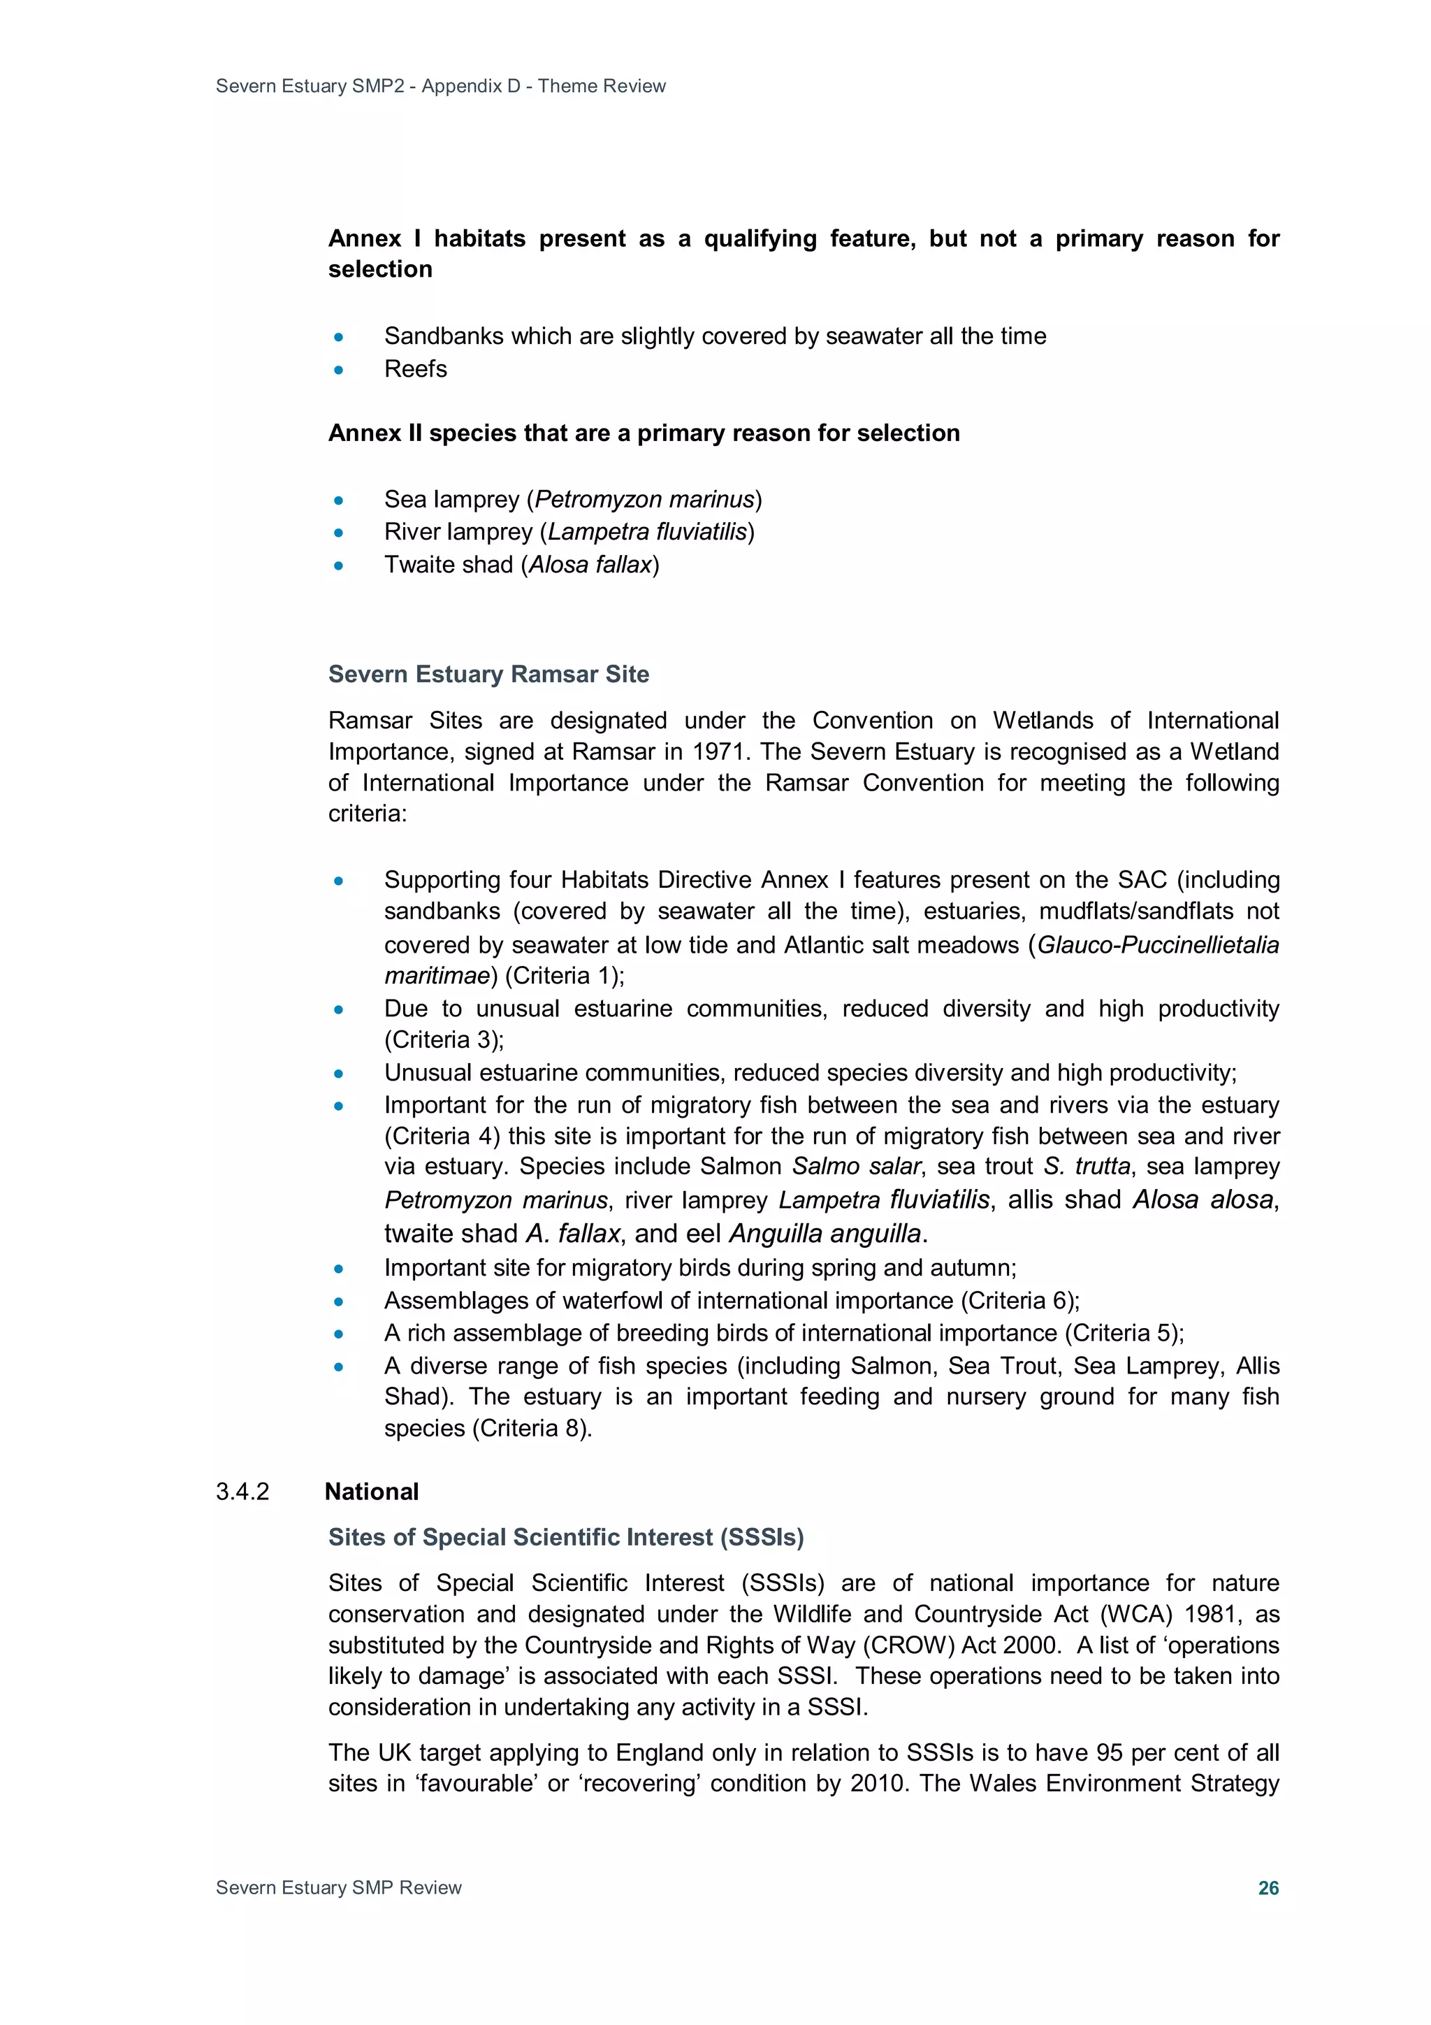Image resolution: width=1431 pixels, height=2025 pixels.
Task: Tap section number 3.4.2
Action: (x=242, y=1492)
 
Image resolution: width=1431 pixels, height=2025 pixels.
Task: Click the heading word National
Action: (x=371, y=1492)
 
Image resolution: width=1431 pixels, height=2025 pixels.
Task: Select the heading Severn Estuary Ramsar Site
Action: (x=488, y=674)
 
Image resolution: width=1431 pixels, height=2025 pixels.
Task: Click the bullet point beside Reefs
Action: (x=339, y=370)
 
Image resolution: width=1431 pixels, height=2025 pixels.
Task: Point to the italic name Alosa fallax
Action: (x=590, y=565)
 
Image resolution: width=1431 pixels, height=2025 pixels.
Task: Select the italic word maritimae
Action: (x=437, y=976)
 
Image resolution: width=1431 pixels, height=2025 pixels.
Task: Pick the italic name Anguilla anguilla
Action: (x=825, y=1233)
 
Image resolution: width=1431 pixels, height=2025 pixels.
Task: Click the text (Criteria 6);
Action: (x=1020, y=1300)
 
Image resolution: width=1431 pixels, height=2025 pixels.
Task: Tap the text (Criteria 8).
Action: (x=532, y=1428)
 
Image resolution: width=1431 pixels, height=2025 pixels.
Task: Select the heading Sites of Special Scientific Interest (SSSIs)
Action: (x=565, y=1537)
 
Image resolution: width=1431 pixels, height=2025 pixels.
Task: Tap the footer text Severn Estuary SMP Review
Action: (x=339, y=1887)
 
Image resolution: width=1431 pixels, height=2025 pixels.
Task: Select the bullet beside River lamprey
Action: (x=339, y=533)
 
